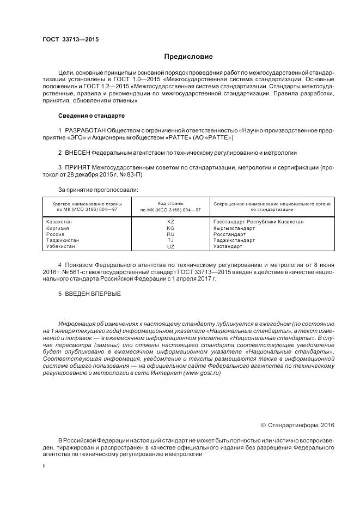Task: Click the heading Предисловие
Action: [x=188, y=57]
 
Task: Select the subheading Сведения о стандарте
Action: [x=91, y=116]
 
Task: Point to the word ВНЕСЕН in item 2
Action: [x=77, y=153]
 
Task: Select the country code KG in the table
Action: [x=170, y=228]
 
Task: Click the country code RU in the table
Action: [x=170, y=234]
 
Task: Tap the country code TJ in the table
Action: [x=170, y=240]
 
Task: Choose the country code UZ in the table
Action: [x=170, y=246]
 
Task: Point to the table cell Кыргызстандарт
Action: [x=234, y=228]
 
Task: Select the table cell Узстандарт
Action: [x=228, y=246]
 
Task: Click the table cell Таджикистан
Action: [x=63, y=240]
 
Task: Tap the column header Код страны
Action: [x=170, y=203]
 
